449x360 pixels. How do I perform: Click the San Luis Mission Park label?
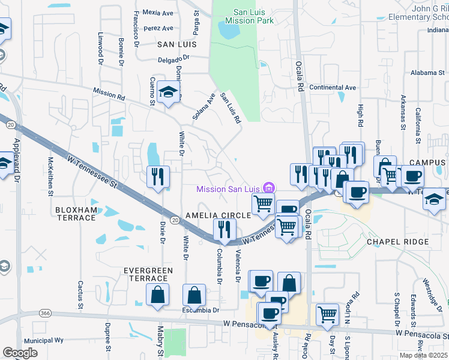pyautogui.click(x=246, y=16)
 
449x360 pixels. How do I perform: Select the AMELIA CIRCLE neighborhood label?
pyautogui.click(x=218, y=215)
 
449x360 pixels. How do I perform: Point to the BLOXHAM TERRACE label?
pyautogui.click(x=76, y=214)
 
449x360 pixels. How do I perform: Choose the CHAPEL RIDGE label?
pyautogui.click(x=398, y=242)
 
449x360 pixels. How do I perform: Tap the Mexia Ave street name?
pyautogui.click(x=158, y=13)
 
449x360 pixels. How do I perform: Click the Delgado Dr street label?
pyautogui.click(x=173, y=59)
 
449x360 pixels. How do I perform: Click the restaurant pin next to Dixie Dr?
pyautogui.click(x=158, y=176)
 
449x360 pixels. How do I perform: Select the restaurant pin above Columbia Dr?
pyautogui.click(x=224, y=229)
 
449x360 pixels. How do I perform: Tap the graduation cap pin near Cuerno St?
pyautogui.click(x=169, y=92)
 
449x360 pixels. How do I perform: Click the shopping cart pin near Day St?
pyautogui.click(x=327, y=313)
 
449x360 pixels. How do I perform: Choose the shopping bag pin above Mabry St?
pyautogui.click(x=157, y=294)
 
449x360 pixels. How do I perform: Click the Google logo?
pyautogui.click(x=20, y=353)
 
